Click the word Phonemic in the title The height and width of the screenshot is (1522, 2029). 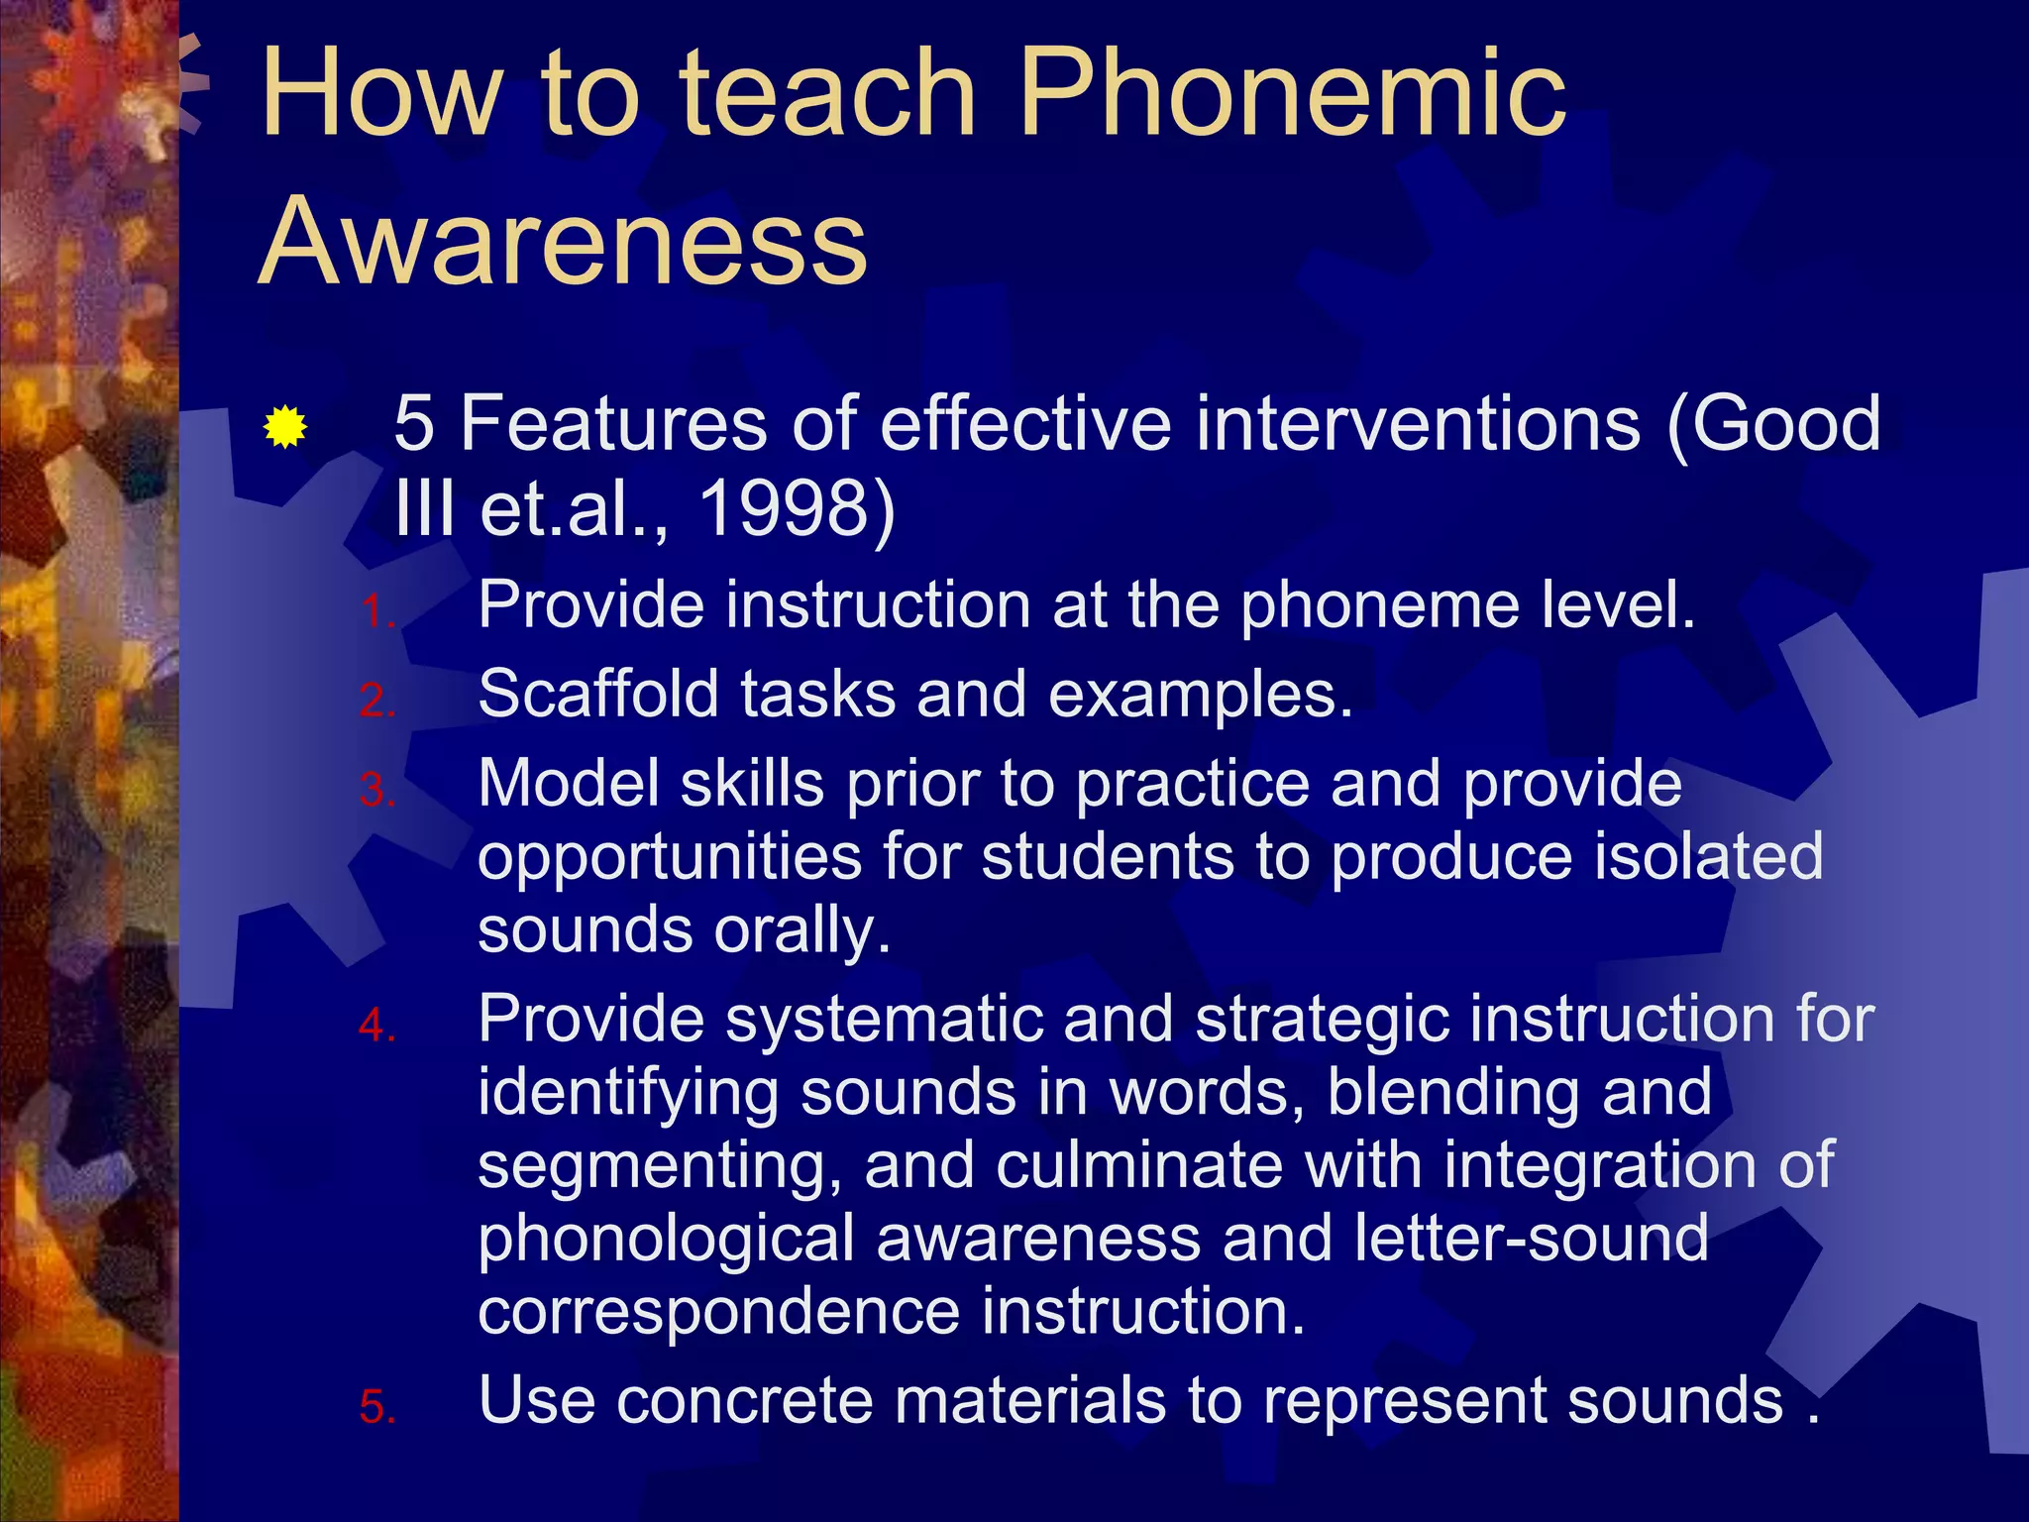pos(1292,94)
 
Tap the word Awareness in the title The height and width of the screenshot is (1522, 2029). pos(563,241)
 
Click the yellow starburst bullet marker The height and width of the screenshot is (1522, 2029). pos(285,428)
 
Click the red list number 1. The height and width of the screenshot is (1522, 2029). pos(374,612)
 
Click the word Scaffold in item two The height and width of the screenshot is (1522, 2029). pos(597,693)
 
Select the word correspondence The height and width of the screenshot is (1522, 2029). pos(718,1313)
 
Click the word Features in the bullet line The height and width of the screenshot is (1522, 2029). pos(614,423)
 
